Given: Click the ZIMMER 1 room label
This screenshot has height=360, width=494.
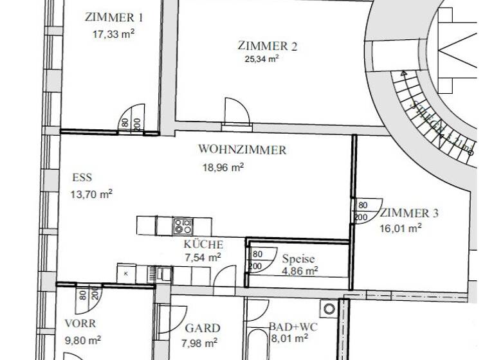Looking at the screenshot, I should pos(114,17).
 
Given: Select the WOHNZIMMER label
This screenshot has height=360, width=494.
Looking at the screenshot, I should pos(242,150).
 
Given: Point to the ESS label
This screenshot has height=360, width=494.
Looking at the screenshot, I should pos(82,178).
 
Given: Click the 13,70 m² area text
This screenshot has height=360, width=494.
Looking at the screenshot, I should pos(91,193).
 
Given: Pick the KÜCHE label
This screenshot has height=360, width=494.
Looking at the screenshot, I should pos(203,244).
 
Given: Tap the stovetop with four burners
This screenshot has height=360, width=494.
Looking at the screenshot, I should pos(183,226).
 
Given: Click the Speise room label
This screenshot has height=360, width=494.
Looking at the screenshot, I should pos(298,259).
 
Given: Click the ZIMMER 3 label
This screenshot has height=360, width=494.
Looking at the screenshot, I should pos(409,213).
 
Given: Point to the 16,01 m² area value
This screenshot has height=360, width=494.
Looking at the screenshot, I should pos(400,227).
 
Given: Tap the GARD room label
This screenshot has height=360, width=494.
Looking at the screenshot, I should pos(203,328).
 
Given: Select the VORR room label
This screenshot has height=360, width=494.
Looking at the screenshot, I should pos(80,323).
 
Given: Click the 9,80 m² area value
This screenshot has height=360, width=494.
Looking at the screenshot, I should pos(82,339).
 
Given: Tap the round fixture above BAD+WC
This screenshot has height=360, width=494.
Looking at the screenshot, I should pos(330,309).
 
